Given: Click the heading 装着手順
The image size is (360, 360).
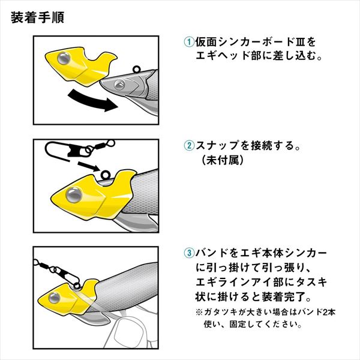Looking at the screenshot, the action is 37,17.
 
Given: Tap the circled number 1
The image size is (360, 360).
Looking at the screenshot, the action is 189,42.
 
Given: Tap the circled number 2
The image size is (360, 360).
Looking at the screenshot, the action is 189,146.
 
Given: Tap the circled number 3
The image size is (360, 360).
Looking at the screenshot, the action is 189,253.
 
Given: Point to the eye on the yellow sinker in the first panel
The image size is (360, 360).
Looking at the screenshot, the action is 64,58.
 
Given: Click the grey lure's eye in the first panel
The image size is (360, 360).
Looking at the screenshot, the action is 119,85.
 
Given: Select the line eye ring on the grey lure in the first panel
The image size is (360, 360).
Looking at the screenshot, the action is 136,69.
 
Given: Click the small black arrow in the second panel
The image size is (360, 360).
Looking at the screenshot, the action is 89,166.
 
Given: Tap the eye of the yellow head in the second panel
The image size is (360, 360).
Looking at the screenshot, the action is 74,194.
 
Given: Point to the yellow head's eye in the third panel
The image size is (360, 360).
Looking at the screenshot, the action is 55,298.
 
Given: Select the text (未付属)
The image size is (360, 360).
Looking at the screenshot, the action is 222,160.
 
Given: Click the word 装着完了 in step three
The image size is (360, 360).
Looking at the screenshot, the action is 283,296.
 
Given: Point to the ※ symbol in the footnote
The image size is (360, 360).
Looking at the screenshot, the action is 199,312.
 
